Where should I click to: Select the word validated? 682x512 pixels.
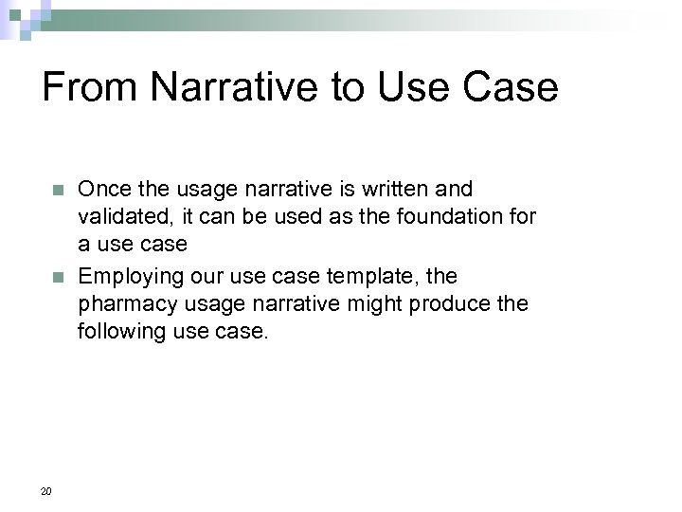[x=120, y=217]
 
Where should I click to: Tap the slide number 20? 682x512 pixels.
[x=46, y=490]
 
